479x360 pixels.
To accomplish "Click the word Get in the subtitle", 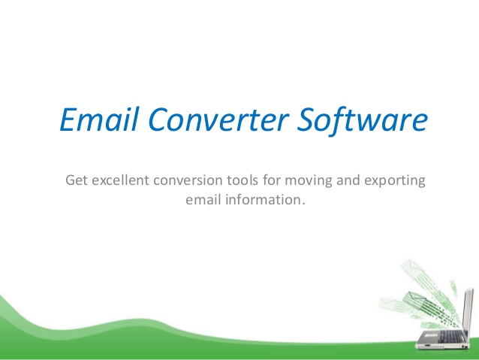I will coord(77,181).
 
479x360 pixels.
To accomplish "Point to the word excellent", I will coord(122,181).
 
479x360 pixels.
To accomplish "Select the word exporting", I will coord(395,181).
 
